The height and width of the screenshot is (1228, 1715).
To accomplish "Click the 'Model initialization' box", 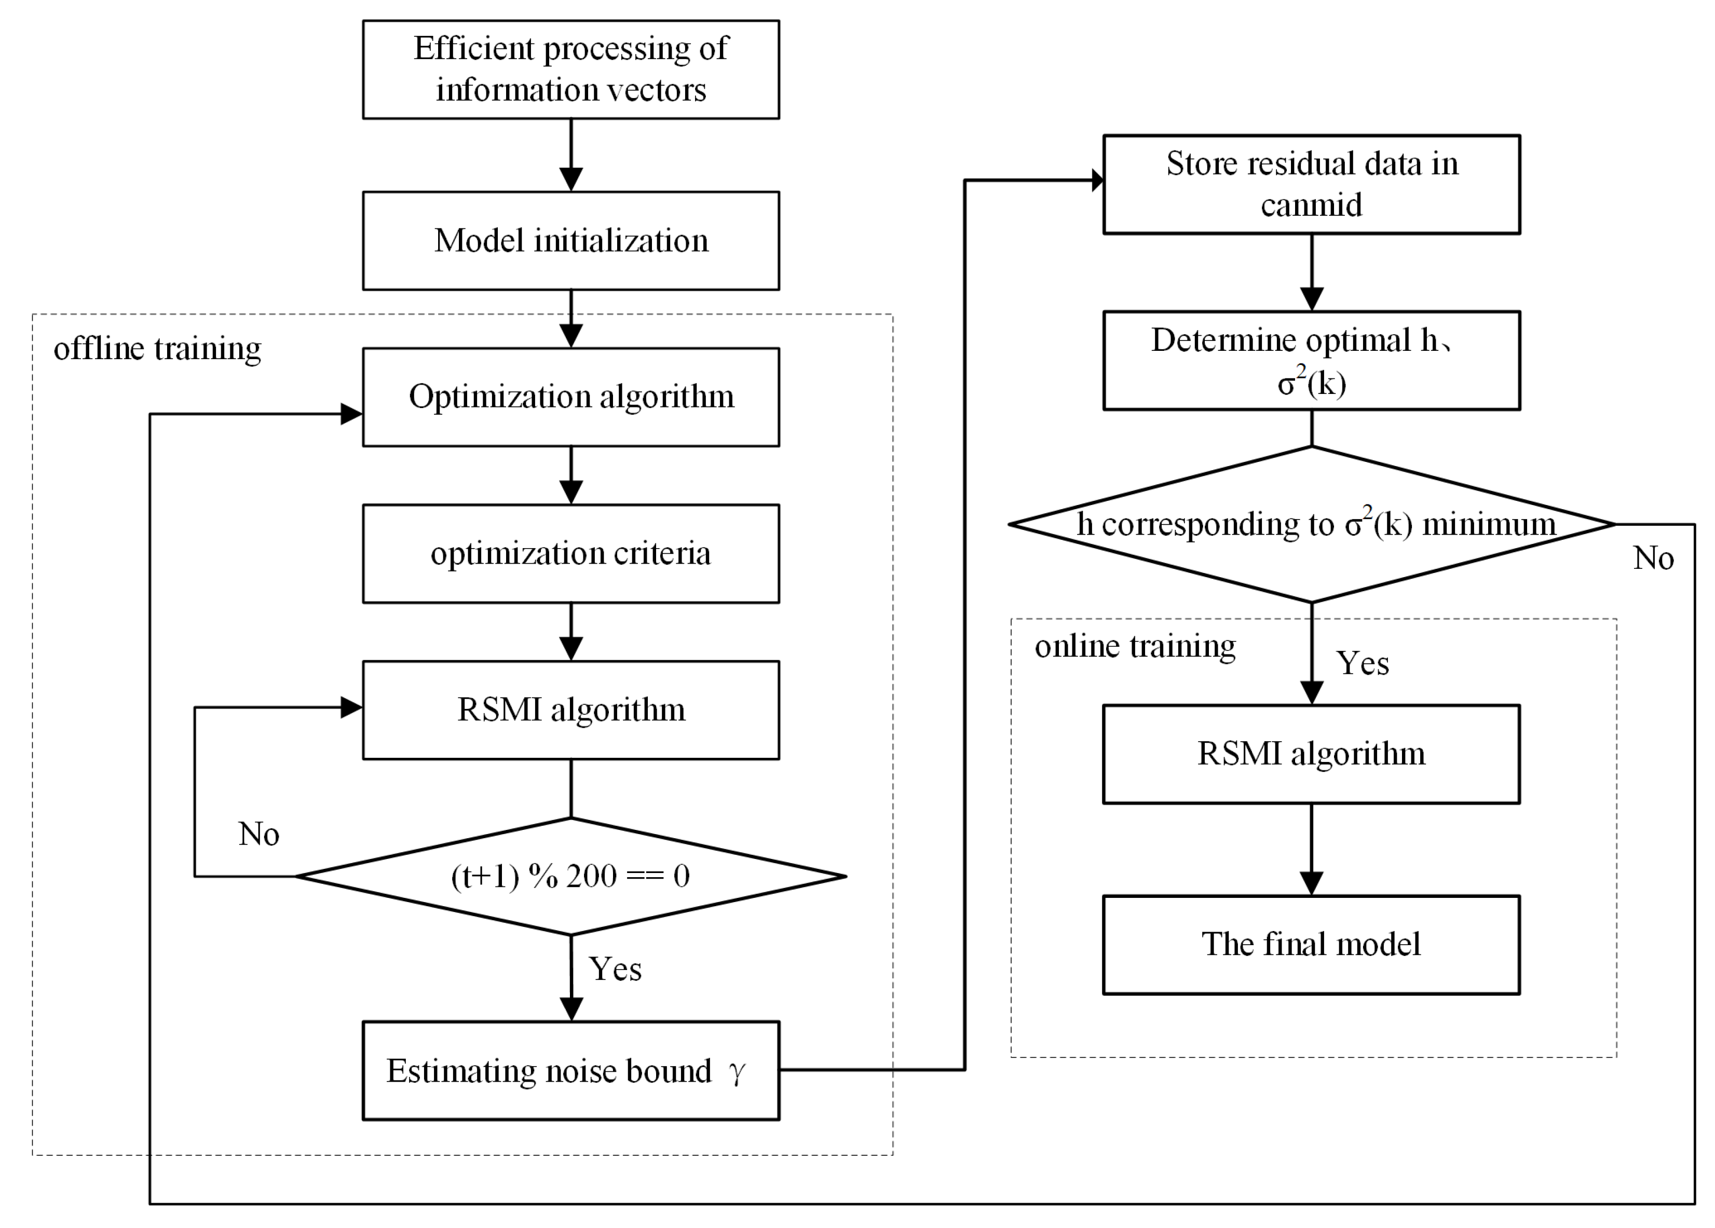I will point(571,240).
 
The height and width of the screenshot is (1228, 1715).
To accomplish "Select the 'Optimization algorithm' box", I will point(571,397).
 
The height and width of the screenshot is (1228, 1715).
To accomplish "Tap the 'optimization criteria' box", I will point(571,553).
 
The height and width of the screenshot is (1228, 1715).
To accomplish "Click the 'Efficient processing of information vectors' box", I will point(571,70).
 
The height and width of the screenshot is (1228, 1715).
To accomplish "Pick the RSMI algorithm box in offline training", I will point(571,710).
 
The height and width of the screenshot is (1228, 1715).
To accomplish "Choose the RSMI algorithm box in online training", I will point(1311,754).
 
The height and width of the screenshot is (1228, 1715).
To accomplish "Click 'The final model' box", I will point(1311,945).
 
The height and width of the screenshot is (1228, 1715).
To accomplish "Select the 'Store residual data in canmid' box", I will point(1311,184).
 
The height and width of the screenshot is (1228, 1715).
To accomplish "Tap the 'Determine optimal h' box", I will point(1311,361).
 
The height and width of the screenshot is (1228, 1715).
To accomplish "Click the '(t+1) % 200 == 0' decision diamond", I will point(571,877).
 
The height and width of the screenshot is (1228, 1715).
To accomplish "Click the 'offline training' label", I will point(157,349).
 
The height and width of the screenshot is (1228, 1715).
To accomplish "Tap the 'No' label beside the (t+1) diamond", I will point(258,834).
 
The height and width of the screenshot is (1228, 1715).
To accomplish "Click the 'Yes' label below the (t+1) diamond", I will point(615,970).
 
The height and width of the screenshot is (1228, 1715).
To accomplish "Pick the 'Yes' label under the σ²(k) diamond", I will point(1362,664).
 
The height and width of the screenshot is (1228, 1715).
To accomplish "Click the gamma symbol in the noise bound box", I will point(737,1072).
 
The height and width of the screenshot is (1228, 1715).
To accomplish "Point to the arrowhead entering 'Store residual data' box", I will point(1098,180).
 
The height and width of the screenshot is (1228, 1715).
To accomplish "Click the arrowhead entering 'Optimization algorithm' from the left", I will point(351,414).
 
